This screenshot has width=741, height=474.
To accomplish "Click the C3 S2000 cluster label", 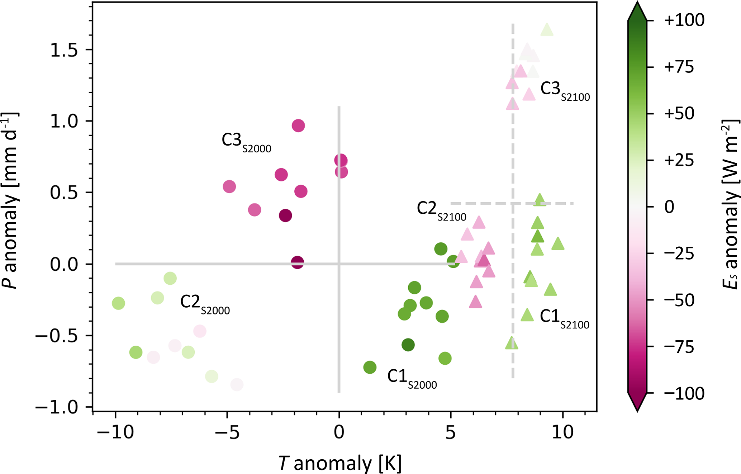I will [246, 142].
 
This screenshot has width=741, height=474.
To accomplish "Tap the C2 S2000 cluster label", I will [205, 304].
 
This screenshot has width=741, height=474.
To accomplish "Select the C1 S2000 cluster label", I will [412, 379].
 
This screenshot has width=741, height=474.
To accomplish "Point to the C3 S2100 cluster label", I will [565, 91].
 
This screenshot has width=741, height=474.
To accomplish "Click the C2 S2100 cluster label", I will [441, 211].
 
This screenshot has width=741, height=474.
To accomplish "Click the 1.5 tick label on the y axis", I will [64, 50].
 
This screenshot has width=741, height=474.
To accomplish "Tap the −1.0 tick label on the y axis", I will [56, 407].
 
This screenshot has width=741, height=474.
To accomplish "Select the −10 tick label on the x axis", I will [115, 432].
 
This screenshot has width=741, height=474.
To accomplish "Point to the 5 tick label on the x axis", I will [451, 432].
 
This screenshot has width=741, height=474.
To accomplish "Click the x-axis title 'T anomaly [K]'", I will [339, 463].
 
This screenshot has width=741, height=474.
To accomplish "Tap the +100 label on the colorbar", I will [684, 20].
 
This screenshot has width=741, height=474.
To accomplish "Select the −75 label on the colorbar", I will [679, 347].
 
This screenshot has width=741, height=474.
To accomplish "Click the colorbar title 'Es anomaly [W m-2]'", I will [730, 204].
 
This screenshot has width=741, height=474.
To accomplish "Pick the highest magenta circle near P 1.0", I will [298, 126].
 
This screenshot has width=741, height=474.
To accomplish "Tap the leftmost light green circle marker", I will [118, 303].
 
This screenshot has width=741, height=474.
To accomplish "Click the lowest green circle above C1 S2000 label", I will [370, 367].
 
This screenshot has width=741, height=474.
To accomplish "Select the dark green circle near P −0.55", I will [408, 345].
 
